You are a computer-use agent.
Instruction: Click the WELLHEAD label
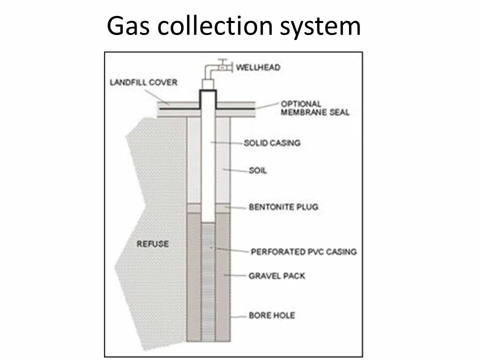(258, 67)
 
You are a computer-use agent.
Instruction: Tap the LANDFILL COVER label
(143, 82)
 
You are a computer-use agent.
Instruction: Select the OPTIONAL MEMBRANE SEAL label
(314, 108)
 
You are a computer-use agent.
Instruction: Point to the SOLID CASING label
(272, 143)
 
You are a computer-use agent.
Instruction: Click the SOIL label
(257, 170)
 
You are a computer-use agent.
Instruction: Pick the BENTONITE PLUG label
(283, 206)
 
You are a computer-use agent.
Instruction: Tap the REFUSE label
(152, 244)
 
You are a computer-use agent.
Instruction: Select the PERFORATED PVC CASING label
(303, 251)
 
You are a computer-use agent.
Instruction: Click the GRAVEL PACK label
(276, 275)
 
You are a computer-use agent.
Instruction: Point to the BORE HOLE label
(271, 315)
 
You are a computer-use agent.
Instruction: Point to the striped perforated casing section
(208, 280)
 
